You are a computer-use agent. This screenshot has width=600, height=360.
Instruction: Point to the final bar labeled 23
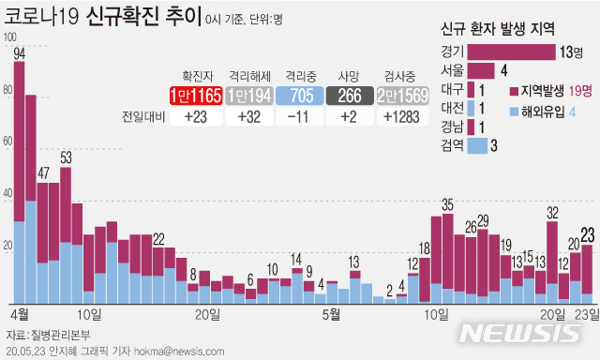point(588,272)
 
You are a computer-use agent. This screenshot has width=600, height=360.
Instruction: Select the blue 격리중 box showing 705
point(300,96)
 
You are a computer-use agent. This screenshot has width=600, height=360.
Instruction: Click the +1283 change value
point(403,117)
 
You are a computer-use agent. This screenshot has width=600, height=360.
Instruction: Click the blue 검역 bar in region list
point(477,145)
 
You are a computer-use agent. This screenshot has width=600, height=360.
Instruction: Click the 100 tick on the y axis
point(10,37)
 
